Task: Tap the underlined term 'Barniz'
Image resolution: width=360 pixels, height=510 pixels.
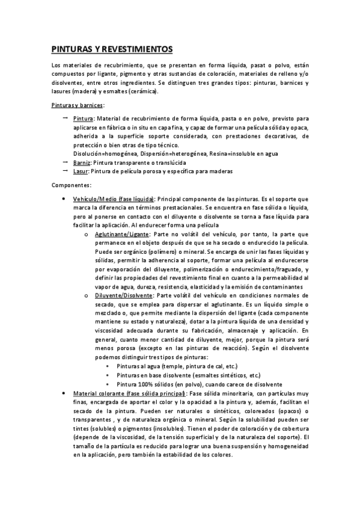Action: click(x=82, y=162)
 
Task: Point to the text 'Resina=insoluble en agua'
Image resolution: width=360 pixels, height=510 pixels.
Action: click(x=244, y=154)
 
